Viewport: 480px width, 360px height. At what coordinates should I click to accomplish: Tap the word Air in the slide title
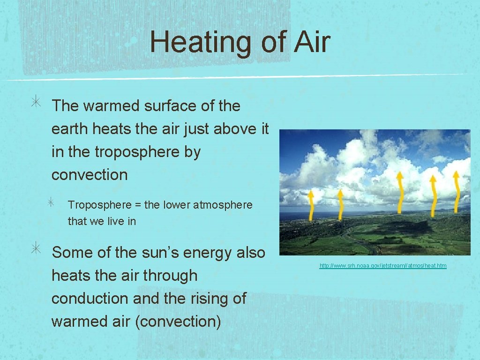[x=312, y=42]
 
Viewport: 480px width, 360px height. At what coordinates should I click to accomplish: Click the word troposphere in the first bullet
[x=147, y=152]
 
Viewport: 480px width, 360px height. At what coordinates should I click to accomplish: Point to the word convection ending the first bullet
[x=90, y=175]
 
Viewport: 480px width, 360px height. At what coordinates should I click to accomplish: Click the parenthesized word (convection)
[x=178, y=322]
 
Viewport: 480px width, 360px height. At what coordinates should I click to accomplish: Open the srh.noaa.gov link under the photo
[x=383, y=266]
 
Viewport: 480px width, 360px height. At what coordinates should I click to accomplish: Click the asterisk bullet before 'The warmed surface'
[x=37, y=104]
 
